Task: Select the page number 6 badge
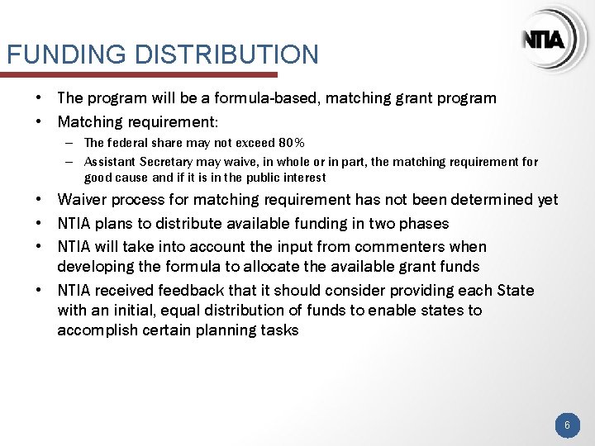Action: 567,425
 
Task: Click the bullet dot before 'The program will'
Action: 40,98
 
